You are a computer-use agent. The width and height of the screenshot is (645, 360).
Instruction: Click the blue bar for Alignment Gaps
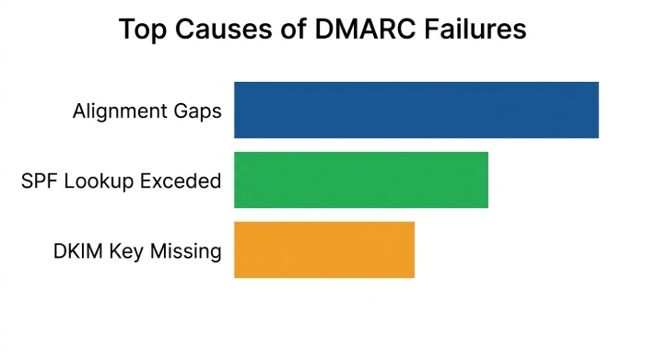pos(416,110)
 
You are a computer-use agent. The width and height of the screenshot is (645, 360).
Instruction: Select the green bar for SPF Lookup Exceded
pos(361,180)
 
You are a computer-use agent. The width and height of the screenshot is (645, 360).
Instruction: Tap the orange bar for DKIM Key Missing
pos(324,250)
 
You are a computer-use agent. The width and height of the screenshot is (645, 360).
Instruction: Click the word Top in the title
pos(142,29)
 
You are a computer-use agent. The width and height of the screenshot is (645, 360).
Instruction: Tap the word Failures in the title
pos(475,29)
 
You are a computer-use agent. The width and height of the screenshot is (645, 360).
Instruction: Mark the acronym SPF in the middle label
pos(38,180)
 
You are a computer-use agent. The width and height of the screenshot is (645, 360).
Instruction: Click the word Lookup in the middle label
pos(97,181)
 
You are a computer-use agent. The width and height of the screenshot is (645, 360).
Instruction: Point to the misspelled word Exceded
pos(181,180)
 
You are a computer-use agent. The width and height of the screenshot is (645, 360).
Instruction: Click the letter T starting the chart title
pos(126,29)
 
